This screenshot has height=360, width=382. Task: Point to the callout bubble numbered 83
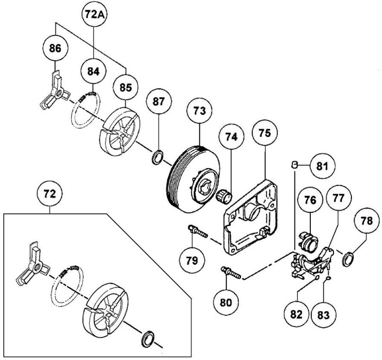(323, 314)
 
